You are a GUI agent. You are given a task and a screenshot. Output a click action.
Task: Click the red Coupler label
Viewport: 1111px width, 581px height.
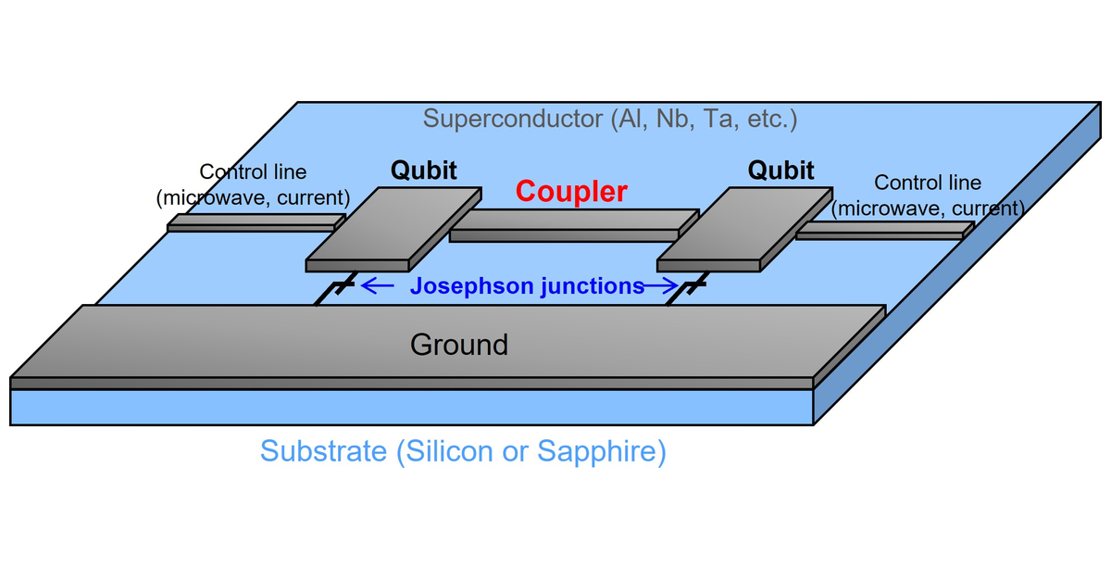click(571, 192)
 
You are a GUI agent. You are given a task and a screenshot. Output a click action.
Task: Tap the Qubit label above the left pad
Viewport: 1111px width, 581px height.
click(423, 171)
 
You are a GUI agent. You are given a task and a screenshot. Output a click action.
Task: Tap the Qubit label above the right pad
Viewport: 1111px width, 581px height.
click(780, 171)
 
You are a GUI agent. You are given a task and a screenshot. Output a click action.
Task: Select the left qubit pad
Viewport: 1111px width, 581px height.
click(394, 229)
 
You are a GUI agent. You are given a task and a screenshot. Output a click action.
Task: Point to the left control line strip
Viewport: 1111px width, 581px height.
click(255, 223)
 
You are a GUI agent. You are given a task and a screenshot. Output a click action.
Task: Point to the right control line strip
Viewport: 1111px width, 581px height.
click(884, 230)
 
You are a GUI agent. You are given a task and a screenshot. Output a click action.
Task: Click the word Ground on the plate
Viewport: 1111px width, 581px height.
click(459, 345)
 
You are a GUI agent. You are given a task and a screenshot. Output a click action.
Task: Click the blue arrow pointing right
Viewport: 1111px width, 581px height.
click(661, 286)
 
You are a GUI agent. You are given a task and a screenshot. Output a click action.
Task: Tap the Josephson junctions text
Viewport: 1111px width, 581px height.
click(527, 286)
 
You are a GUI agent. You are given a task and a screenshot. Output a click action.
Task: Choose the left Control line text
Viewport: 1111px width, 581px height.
click(253, 172)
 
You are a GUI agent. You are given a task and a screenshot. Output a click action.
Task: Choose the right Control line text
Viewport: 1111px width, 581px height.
click(928, 183)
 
